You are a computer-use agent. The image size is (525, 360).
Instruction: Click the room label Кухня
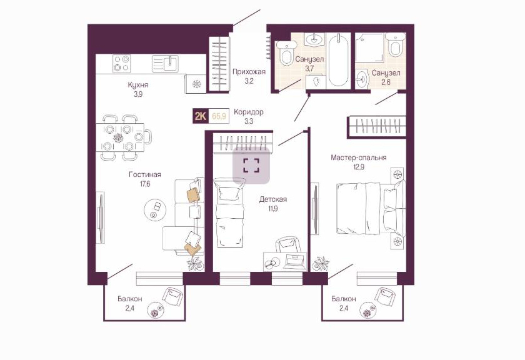138,85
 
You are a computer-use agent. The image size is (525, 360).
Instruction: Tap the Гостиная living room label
145,174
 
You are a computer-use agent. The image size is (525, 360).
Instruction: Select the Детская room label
273,199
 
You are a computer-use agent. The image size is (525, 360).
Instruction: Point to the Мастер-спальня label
359,157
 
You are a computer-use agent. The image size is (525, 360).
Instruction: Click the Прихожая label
249,72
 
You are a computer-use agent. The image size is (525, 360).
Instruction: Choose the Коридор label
249,112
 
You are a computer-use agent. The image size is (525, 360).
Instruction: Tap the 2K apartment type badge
201,116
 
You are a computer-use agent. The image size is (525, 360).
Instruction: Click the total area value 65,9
219,116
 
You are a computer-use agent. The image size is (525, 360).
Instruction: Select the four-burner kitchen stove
121,63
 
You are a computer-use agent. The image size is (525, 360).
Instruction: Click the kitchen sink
166,63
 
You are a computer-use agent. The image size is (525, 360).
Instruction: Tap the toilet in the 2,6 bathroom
396,45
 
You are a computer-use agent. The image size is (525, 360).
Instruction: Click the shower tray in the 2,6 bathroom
369,47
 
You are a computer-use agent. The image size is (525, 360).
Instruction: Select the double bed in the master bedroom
370,208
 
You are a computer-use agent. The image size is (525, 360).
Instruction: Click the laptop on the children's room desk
294,261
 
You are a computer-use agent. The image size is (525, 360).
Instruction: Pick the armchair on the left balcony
172,297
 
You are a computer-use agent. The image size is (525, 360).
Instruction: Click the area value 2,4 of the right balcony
344,308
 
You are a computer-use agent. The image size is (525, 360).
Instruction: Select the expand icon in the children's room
251,166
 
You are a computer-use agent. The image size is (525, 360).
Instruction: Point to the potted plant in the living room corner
195,264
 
